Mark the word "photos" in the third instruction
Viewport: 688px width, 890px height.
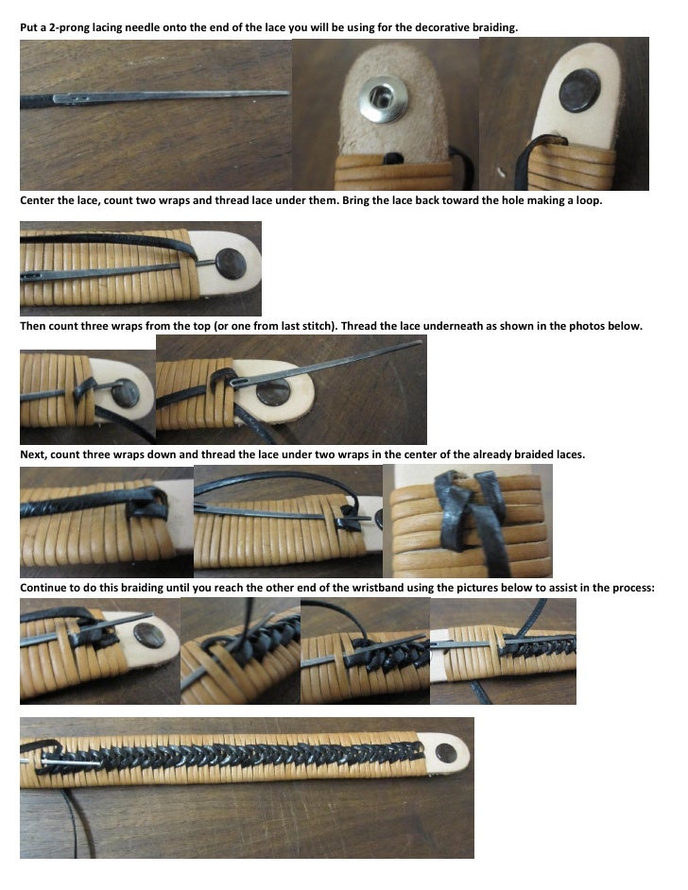[x=594, y=326]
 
